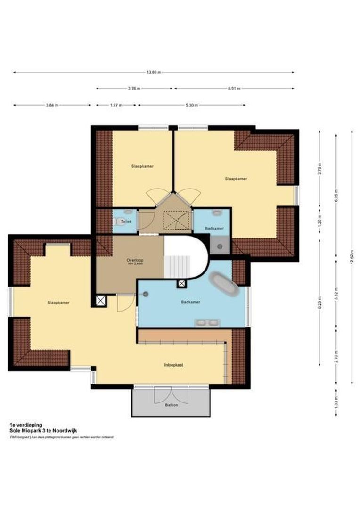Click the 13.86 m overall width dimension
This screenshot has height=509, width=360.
tap(153, 72)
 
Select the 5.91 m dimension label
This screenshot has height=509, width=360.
tap(234, 88)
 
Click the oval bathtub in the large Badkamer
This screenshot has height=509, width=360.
tap(224, 284)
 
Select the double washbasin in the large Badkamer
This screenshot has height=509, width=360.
tap(207, 323)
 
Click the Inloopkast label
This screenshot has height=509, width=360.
tap(173, 365)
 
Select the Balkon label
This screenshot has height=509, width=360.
tap(171, 405)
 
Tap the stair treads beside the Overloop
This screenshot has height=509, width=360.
tap(178, 266)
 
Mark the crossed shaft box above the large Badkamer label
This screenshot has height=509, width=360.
tap(181, 284)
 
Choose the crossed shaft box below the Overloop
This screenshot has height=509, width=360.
tap(100, 301)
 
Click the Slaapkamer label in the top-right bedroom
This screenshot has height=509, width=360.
tap(236, 179)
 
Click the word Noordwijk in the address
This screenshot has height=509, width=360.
tap(65, 430)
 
